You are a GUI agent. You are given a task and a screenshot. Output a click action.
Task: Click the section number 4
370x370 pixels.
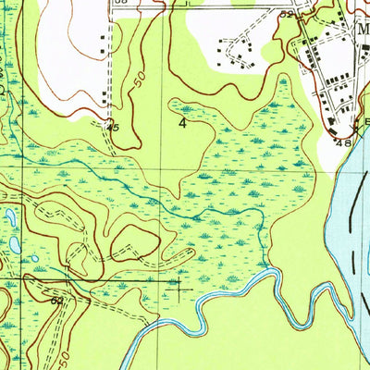(x=195, y=122)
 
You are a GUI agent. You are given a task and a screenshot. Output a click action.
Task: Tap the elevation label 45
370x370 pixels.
(x=112, y=128)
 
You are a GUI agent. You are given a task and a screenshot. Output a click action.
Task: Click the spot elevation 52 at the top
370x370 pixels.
(x=288, y=15)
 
